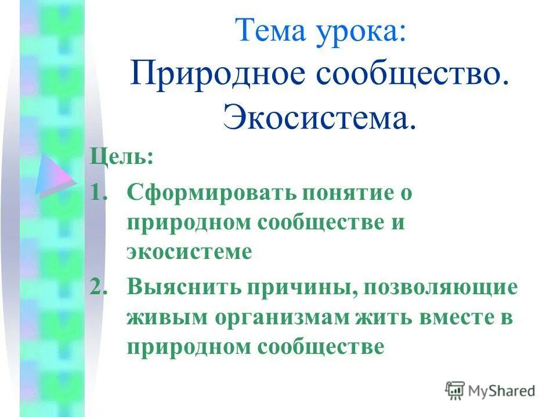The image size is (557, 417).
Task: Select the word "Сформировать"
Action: click(209, 192)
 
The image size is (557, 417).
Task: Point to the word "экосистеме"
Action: click(190, 253)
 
